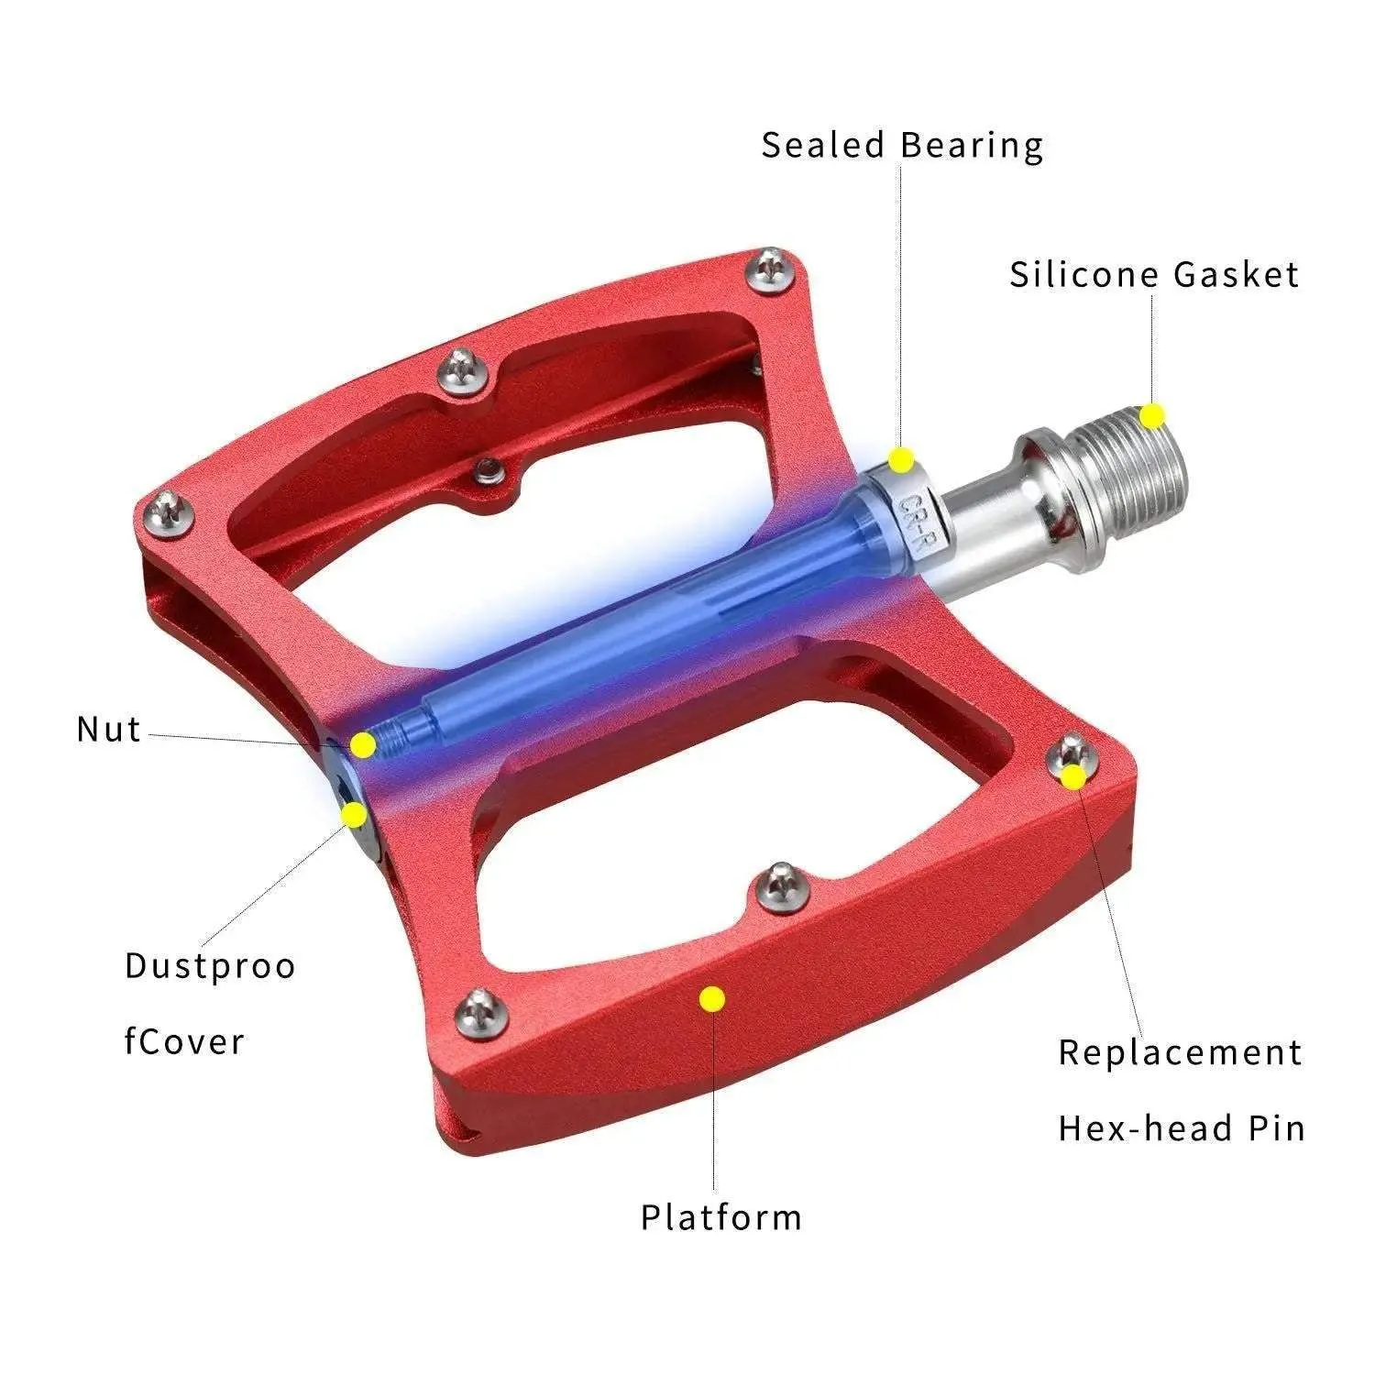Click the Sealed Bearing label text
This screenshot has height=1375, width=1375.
click(x=902, y=147)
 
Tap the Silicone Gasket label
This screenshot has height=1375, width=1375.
click(x=1154, y=275)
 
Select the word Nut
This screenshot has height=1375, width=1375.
click(x=109, y=730)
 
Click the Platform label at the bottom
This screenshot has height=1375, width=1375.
click(x=720, y=1217)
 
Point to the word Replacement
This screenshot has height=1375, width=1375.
click(x=1180, y=1052)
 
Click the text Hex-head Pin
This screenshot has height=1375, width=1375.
click(x=1181, y=1128)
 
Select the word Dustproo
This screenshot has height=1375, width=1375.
click(x=210, y=966)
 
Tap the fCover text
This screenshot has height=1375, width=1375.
click(x=184, y=1042)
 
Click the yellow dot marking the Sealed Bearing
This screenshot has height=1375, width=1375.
click(x=902, y=458)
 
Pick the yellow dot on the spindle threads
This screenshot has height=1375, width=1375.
click(x=1152, y=416)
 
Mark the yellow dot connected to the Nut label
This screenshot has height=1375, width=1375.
click(x=364, y=744)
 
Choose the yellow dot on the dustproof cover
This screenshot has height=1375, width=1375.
click(x=353, y=814)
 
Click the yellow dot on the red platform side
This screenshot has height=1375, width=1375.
click(x=711, y=999)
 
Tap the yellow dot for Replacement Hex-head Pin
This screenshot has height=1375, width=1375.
click(x=1073, y=777)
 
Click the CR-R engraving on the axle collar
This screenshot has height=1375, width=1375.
click(x=914, y=520)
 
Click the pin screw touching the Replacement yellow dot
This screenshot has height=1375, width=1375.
click(x=1069, y=755)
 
